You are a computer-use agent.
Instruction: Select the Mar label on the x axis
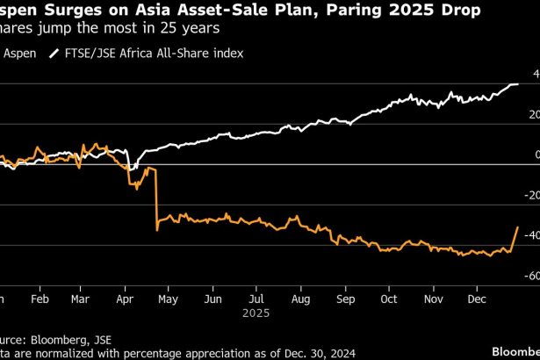pyautogui.click(x=80, y=299)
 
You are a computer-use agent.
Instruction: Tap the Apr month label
pyautogui.click(x=125, y=299)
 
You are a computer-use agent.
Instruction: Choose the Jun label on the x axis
pyautogui.click(x=212, y=299)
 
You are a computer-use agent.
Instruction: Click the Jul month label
pyautogui.click(x=256, y=299)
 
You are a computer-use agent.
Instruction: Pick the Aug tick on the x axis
pyautogui.click(x=300, y=299)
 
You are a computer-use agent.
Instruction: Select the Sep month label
pyautogui.click(x=345, y=299)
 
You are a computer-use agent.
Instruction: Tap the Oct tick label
pyautogui.click(x=388, y=299)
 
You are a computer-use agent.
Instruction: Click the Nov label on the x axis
pyautogui.click(x=433, y=299)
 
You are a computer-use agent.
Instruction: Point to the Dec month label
pyautogui.click(x=477, y=299)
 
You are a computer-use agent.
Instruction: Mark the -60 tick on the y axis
pyautogui.click(x=530, y=276)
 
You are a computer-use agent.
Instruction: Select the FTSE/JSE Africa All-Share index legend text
pyautogui.click(x=154, y=53)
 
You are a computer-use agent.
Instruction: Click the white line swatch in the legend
pyautogui.click(x=54, y=53)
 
